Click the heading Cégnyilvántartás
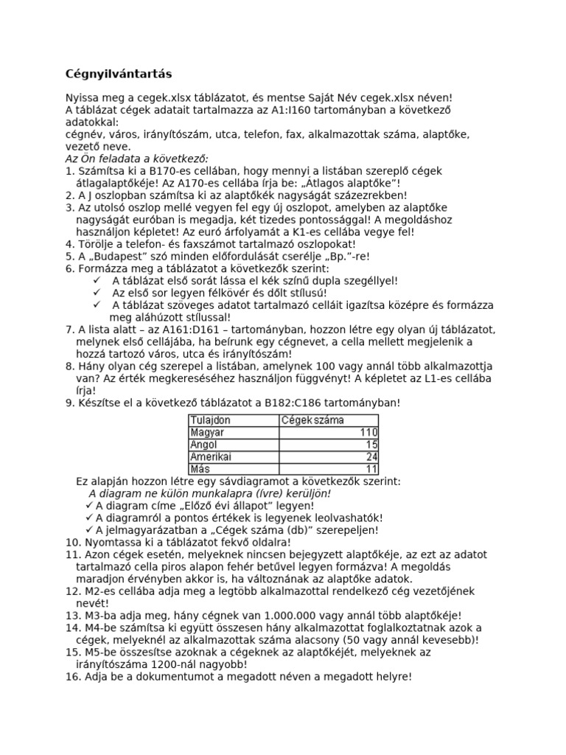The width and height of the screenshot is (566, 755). (119, 74)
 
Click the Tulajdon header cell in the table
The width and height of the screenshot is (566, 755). (210, 420)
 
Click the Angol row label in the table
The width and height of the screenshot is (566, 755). (204, 444)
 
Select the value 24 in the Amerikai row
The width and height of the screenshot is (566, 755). (371, 456)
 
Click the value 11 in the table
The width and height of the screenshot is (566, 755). (371, 468)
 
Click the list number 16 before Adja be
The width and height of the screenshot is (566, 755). (71, 675)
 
